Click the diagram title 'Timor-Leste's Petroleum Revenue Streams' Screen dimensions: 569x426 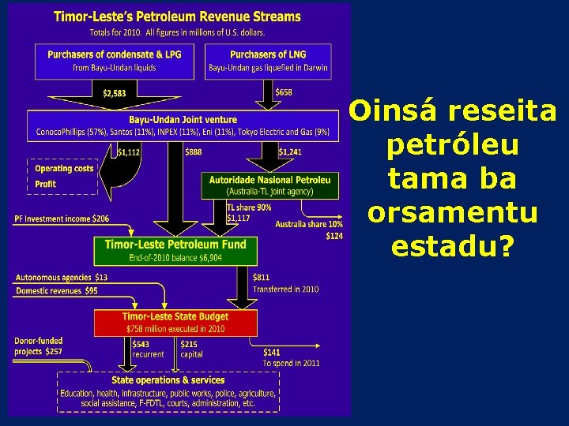177,16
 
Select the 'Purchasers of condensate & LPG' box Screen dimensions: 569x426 115,61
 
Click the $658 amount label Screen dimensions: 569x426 283,92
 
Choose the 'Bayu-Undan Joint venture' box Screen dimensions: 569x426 179,125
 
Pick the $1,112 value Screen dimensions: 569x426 128,152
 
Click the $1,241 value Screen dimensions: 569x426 289,152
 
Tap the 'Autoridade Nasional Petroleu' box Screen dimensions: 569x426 269,185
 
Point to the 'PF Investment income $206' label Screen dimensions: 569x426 62,219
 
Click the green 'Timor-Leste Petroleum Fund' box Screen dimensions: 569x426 175,250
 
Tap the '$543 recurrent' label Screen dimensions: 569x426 148,349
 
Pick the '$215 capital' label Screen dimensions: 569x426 190,349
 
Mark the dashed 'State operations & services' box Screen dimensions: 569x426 167,391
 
